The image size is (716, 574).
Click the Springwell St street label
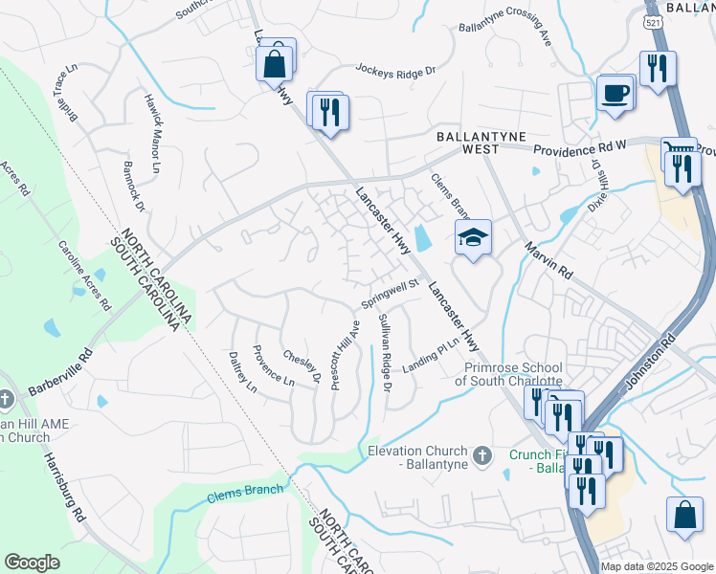(x=391, y=295)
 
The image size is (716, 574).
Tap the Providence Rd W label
(x=579, y=150)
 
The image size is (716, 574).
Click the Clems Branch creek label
(x=246, y=492)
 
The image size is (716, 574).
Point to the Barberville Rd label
(x=59, y=373)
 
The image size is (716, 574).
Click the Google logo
(x=33, y=563)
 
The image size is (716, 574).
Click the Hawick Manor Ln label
(x=151, y=133)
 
